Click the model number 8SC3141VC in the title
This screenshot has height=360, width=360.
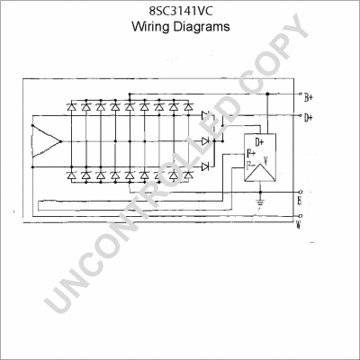(180, 11)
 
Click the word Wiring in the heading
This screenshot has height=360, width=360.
(151, 27)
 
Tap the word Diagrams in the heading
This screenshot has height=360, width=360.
(202, 27)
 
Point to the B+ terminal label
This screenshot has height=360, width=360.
(309, 96)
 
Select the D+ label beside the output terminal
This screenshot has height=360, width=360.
(309, 117)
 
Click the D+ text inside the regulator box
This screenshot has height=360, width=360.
(260, 142)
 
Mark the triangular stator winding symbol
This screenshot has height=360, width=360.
(43, 142)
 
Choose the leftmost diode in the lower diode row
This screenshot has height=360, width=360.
(72, 175)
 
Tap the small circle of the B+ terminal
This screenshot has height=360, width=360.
(299, 94)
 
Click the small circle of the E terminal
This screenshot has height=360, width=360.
(299, 191)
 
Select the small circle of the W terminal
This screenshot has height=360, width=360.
(299, 216)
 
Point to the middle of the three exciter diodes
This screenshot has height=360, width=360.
(206, 140)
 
